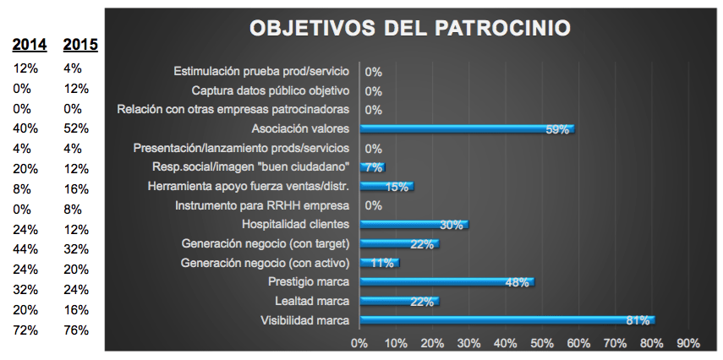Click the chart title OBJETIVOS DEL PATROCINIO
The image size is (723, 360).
tap(409, 27)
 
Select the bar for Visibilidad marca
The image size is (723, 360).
tap(507, 319)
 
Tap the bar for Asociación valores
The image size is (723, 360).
tap(467, 128)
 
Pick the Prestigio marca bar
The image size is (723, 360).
tap(446, 281)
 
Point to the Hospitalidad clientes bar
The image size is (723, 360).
tap(414, 224)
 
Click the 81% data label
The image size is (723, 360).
tap(638, 320)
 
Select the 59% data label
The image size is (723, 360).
tap(557, 129)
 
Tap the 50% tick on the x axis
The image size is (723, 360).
tap(542, 343)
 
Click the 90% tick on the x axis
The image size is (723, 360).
tap(688, 343)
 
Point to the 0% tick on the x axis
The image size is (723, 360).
tap(359, 343)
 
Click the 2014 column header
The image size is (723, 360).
tap(30, 45)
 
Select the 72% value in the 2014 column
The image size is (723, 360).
tap(26, 330)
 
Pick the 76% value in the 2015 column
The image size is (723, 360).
tap(76, 330)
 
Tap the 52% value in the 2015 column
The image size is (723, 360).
tap(76, 128)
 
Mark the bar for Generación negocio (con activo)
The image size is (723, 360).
tap(379, 262)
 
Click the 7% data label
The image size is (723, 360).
tap(373, 167)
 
